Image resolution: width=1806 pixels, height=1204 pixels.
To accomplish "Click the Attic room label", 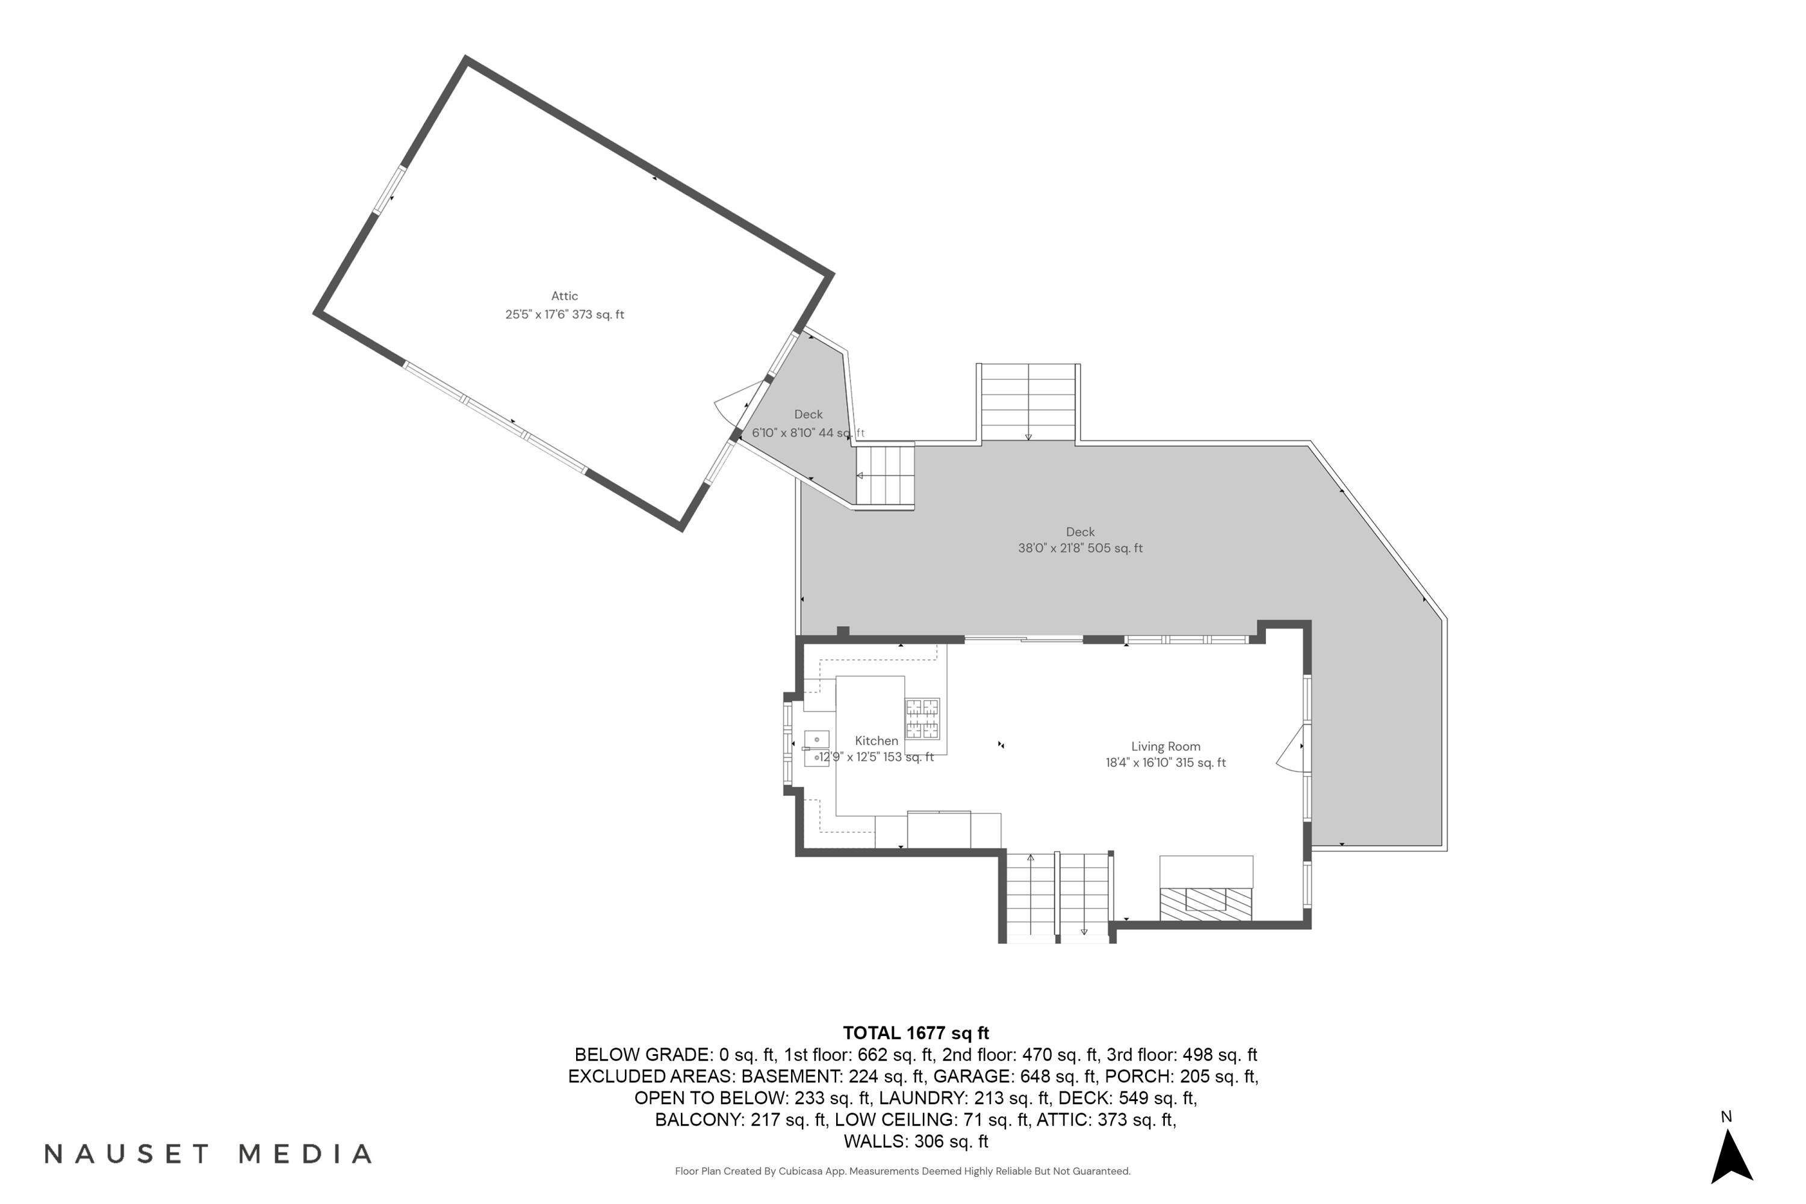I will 565,296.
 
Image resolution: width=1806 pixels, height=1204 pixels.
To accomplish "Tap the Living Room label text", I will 1165,746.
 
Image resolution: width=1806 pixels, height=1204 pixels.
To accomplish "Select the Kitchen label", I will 876,741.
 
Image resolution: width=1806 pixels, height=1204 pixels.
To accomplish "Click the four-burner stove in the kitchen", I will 922,719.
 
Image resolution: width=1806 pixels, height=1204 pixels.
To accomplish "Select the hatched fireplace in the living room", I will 1206,904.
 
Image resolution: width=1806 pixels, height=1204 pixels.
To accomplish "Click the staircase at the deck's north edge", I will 1028,402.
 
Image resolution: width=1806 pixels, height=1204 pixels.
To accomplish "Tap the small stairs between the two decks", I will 886,476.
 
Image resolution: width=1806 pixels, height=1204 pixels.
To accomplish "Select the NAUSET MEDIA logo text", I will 208,1153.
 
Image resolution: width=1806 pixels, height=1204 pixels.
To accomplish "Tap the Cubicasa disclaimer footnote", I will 902,1171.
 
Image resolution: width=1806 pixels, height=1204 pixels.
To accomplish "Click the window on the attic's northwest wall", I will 389,190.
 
